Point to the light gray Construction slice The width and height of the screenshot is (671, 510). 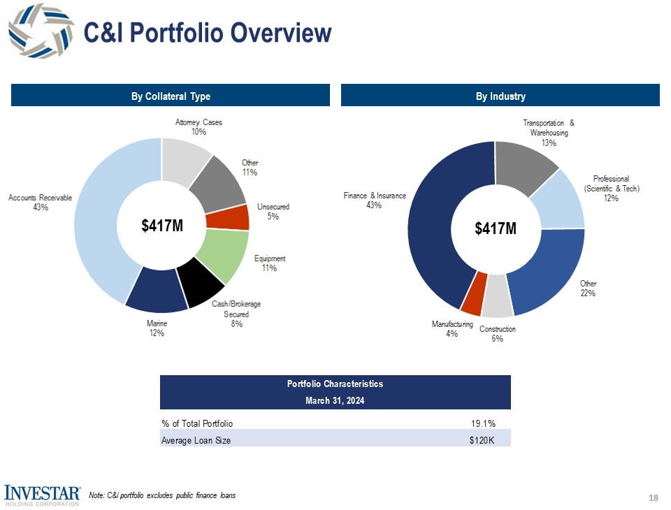(497, 296)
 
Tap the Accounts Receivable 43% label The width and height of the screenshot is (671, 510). (40, 203)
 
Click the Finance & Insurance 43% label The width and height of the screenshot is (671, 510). (374, 201)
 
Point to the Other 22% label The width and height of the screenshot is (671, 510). (587, 289)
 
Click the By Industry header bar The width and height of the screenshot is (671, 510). (500, 96)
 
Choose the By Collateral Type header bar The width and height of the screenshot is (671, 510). (170, 96)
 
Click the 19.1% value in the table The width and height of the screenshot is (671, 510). (482, 423)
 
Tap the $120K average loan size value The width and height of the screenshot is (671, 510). (482, 440)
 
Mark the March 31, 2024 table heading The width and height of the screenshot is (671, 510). (335, 400)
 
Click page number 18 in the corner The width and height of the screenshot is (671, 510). (654, 497)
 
